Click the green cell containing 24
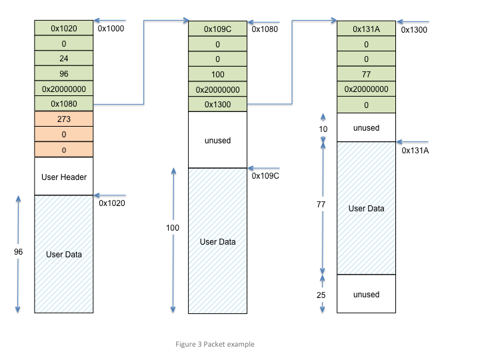pos(64,59)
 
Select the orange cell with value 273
pos(64,119)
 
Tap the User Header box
pos(64,177)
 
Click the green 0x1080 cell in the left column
pos(64,104)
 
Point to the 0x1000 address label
pos(111,29)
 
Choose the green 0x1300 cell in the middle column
pos(218,105)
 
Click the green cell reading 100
pos(218,74)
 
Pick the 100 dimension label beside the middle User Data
pos(173,228)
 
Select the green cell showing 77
pos(366,74)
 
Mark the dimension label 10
pos(323,128)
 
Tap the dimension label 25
pos(321,294)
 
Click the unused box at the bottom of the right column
pos(366,294)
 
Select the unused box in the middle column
pos(218,140)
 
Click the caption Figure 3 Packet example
pos(215,344)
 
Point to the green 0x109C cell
pos(218,29)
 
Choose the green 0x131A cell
pos(366,29)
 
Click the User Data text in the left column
pos(64,254)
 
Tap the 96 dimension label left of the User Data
pos(18,252)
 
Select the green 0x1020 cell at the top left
pos(64,29)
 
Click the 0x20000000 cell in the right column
pos(366,89)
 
